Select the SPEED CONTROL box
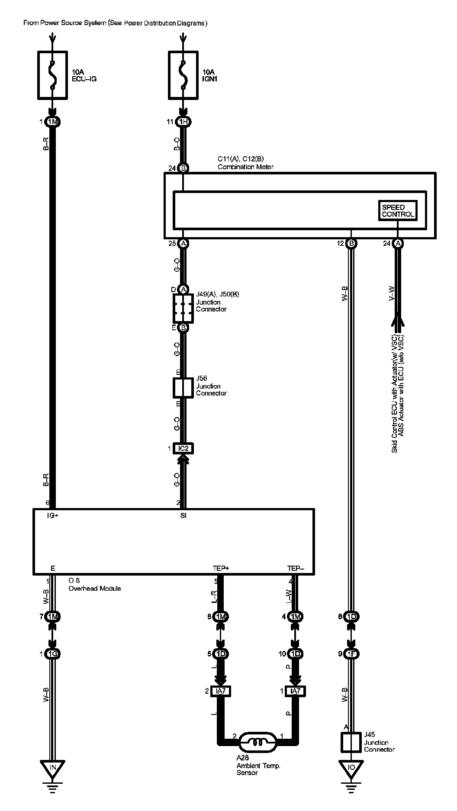[x=398, y=211]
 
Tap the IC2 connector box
[x=183, y=448]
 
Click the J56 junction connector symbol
[x=183, y=387]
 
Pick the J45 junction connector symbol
[x=351, y=742]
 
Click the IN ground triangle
[x=52, y=768]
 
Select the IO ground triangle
[x=351, y=768]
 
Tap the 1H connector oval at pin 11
[x=183, y=122]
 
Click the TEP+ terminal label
[x=221, y=568]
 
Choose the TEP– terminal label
[x=295, y=568]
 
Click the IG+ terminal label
[x=53, y=515]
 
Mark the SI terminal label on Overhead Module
[x=183, y=515]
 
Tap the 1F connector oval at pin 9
[x=351, y=653]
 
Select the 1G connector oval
[x=52, y=653]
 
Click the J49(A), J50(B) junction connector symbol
[x=183, y=308]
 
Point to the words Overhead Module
[x=95, y=589]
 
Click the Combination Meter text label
[x=245, y=167]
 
